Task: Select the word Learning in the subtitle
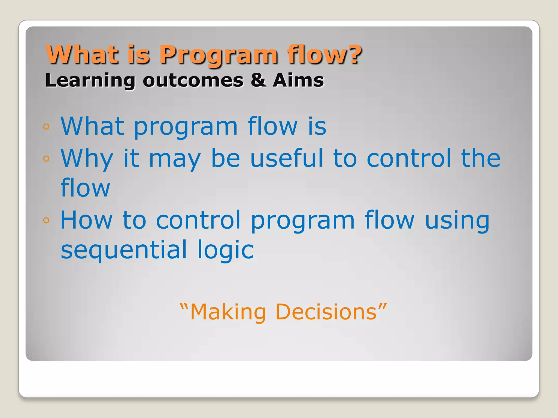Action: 90,81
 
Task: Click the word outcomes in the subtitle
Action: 193,81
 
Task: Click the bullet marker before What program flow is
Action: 46,127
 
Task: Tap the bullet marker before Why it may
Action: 46,158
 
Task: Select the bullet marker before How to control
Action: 46,220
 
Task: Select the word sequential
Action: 124,251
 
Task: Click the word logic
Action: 226,251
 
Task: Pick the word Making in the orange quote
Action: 228,313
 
